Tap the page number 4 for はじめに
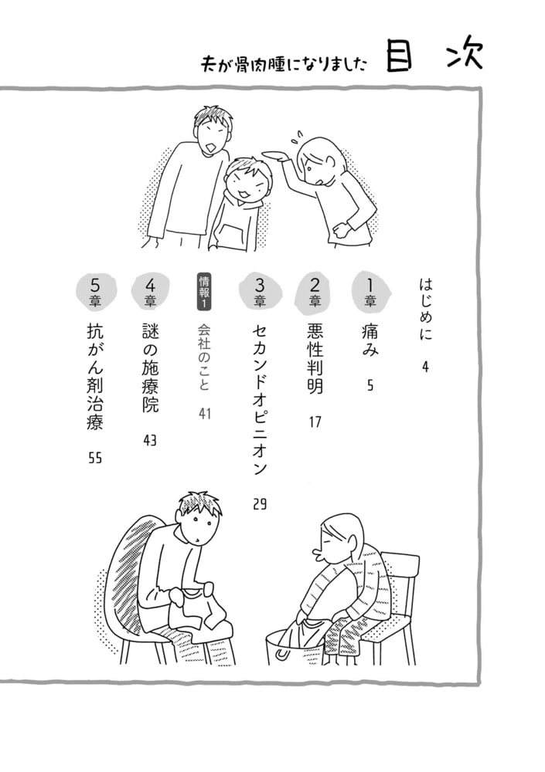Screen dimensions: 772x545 (x=425, y=367)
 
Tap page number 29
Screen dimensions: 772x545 (x=260, y=504)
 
